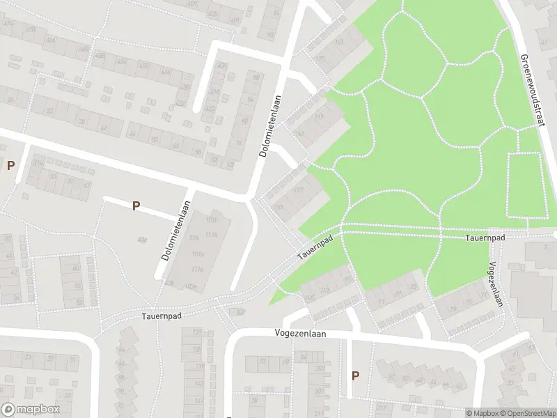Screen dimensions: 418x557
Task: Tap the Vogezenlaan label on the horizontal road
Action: coord(301,334)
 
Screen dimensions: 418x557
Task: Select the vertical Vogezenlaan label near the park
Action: coord(495,284)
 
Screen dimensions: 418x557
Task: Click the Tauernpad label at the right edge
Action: coord(485,238)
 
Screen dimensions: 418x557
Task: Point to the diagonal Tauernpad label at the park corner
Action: coord(315,246)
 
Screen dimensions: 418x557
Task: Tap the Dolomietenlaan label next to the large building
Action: coord(176,231)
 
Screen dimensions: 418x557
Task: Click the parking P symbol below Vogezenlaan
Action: coord(355,376)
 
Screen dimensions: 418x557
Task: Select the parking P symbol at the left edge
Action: coord(10,165)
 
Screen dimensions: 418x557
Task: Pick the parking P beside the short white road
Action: coord(136,206)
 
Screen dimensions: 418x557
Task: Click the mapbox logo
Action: coord(30,410)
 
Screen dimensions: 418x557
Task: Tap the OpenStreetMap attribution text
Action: coord(528,413)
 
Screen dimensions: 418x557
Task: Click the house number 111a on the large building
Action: coord(197,269)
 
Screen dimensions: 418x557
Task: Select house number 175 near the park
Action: coord(320,60)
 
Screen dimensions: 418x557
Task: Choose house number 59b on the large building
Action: coord(194,238)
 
